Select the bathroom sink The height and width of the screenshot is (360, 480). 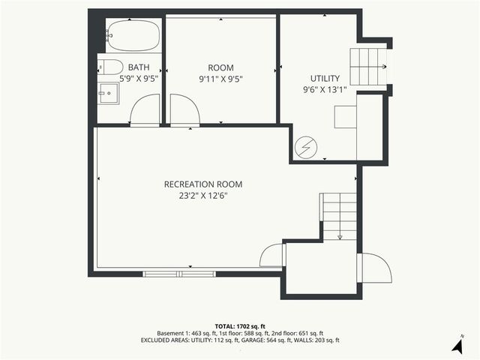tap(110, 94)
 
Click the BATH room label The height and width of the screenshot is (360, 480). tap(139, 67)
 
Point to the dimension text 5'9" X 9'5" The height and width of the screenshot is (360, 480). tap(139, 78)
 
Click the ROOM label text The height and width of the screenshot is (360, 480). tap(220, 67)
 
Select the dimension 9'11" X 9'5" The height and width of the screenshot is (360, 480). tap(220, 78)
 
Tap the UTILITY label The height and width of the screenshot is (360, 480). tap(325, 78)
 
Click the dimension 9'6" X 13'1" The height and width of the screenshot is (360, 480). tap(325, 89)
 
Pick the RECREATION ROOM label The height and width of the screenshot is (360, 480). tap(203, 184)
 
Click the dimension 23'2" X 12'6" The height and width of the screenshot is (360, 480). tap(203, 196)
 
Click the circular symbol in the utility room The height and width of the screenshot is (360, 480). tap(305, 146)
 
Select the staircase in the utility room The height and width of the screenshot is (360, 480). tap(368, 67)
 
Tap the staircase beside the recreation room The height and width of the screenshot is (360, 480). tap(340, 215)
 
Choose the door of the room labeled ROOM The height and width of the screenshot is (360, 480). tap(184, 110)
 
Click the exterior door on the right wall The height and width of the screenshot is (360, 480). tap(375, 268)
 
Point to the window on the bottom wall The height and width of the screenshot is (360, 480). tap(179, 274)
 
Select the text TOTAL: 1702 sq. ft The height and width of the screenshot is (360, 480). tap(239, 325)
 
